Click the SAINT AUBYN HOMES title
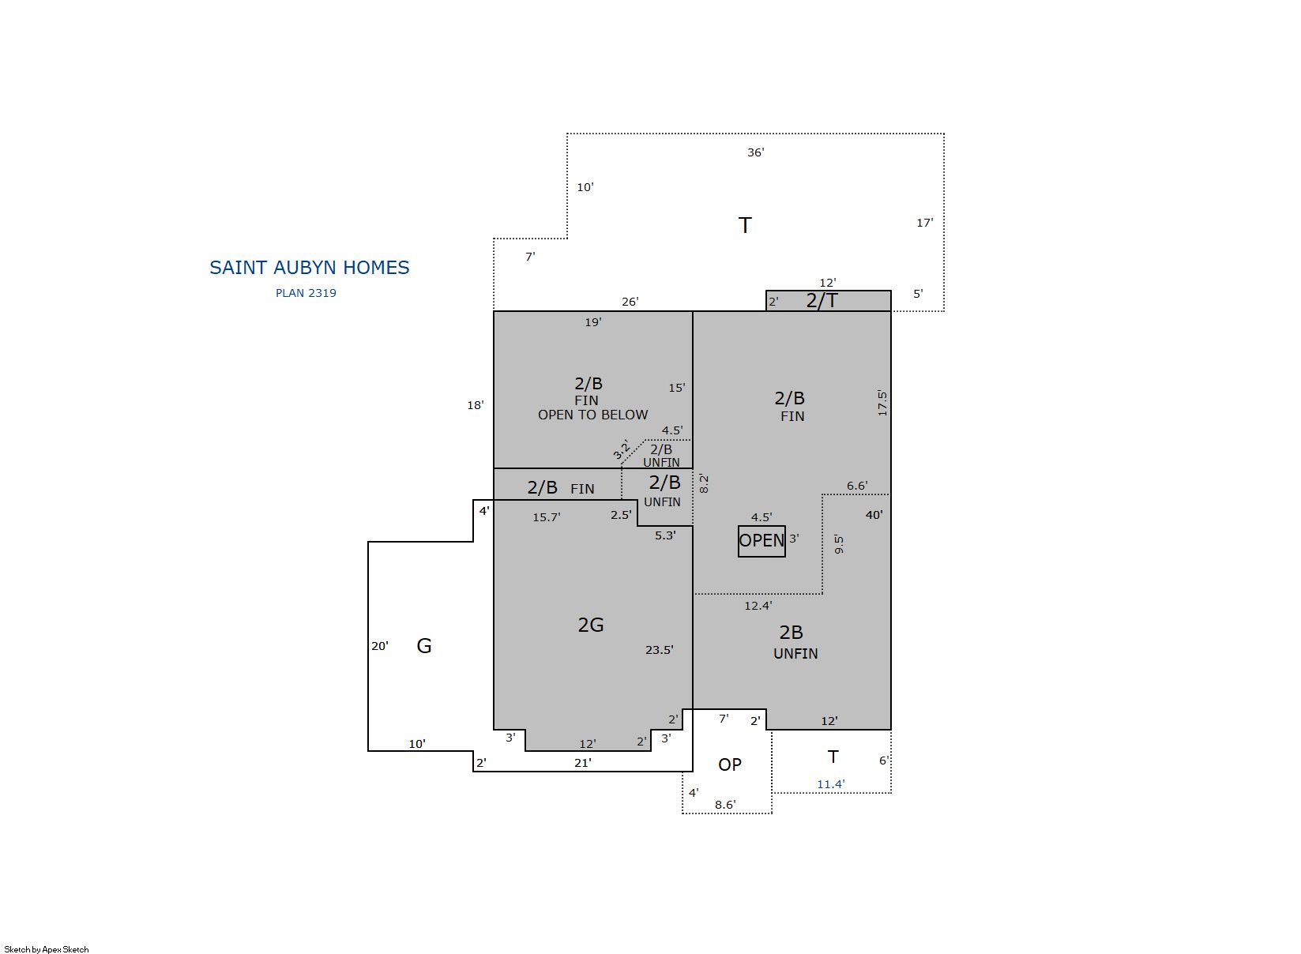[x=309, y=268]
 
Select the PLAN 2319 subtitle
[x=306, y=293]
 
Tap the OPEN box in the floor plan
[x=761, y=541]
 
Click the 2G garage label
[x=591, y=625]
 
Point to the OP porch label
[x=730, y=764]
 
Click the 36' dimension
[x=756, y=152]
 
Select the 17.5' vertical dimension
[x=882, y=403]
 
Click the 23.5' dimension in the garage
[x=660, y=650]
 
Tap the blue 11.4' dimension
[x=830, y=784]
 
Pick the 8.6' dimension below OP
[x=725, y=805]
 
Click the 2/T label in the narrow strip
[x=822, y=301]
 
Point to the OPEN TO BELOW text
[x=592, y=415]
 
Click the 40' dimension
[x=874, y=515]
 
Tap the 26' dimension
[x=630, y=302]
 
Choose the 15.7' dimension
[x=547, y=517]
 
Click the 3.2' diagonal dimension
[x=622, y=449]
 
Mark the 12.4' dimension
[x=758, y=607]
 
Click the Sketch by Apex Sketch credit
[x=47, y=949]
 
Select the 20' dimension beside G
[x=380, y=646]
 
